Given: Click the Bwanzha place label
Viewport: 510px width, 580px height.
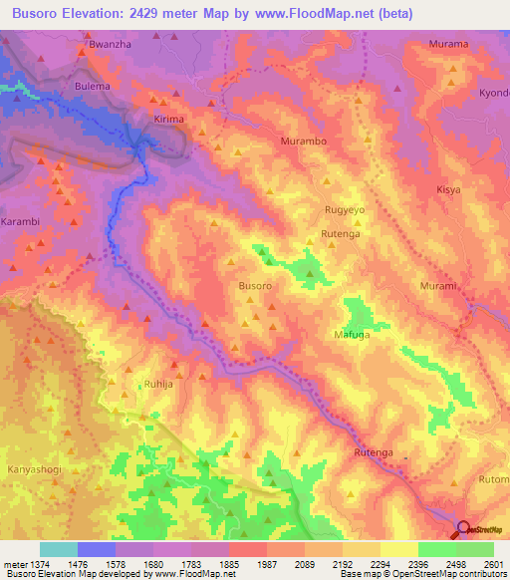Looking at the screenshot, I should point(110,46).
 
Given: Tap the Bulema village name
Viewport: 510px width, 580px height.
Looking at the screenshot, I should point(94,87).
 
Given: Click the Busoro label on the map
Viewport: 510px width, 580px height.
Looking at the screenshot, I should point(255,286).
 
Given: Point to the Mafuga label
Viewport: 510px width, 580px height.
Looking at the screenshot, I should point(352,335).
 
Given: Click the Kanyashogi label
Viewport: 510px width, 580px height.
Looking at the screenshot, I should point(35,441).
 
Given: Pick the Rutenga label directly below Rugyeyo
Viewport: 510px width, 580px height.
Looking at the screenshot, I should point(341,233).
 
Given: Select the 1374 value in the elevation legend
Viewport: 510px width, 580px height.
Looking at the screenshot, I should point(38,564).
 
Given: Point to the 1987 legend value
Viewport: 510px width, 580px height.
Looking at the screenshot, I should point(267,564).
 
